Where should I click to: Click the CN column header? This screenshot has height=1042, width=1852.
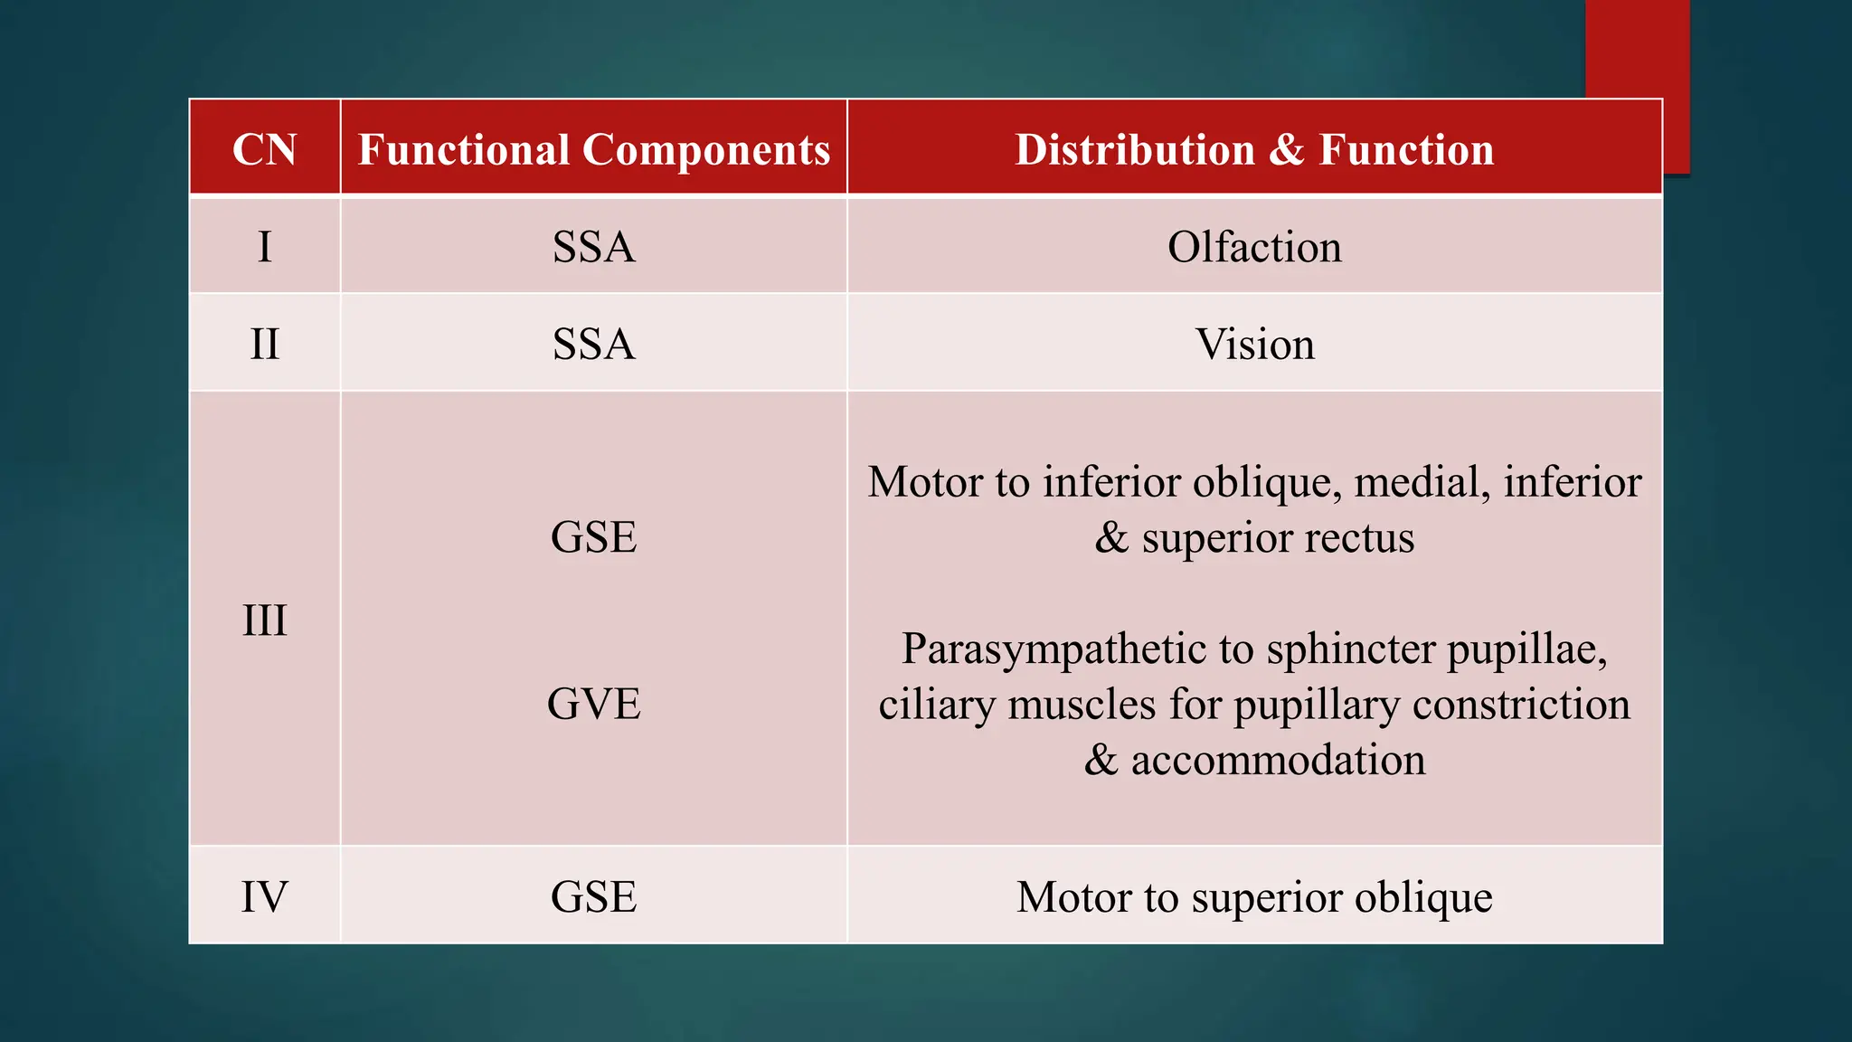pos(264,149)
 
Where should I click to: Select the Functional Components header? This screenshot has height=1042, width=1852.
pos(594,149)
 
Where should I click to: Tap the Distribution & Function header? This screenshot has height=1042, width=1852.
pos(1254,149)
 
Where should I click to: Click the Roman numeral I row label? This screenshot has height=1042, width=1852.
pos(264,247)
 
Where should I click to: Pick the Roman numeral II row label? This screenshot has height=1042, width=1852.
pos(264,345)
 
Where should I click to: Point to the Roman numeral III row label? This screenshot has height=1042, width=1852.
pos(264,620)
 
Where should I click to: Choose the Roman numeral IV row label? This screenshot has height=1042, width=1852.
pos(264,897)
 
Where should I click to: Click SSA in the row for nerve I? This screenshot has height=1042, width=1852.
pos(594,247)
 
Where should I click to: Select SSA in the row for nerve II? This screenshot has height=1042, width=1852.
pos(594,345)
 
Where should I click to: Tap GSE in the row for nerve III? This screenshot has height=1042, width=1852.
pos(594,537)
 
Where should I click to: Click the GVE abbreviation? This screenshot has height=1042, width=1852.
pos(594,704)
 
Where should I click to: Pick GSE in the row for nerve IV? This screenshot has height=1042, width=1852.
pos(594,897)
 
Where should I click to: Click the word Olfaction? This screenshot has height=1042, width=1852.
pos(1254,247)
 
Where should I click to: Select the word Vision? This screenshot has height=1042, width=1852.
pos(1254,345)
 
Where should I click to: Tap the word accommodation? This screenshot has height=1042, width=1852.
pos(1278,760)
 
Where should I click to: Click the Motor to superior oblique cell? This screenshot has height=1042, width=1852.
pos(1254,897)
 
